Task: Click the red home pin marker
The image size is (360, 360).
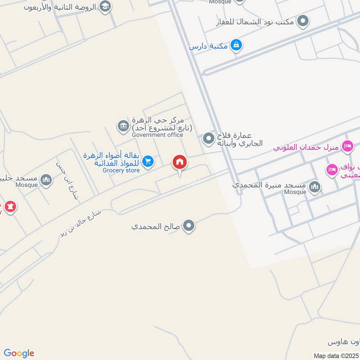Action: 180,162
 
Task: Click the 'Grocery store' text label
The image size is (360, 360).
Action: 121,170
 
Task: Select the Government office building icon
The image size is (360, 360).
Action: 123,126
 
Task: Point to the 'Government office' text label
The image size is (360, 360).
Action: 157,135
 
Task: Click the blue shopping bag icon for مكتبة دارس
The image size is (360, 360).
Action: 236,45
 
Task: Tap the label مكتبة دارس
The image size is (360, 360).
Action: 208,46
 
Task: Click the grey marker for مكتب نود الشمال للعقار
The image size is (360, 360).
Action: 304,20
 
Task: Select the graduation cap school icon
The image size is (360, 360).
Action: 105,7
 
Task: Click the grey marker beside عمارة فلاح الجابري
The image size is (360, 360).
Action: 208,139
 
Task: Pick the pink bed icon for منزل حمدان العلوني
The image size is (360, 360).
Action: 347,146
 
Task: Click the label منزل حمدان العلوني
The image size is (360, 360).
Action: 306,147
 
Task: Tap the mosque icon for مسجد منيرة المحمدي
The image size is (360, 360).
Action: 315,186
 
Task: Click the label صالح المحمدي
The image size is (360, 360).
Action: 156,226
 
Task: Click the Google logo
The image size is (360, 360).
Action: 19,353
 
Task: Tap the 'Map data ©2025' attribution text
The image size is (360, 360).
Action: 335,355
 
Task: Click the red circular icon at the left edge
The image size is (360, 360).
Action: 9,207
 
